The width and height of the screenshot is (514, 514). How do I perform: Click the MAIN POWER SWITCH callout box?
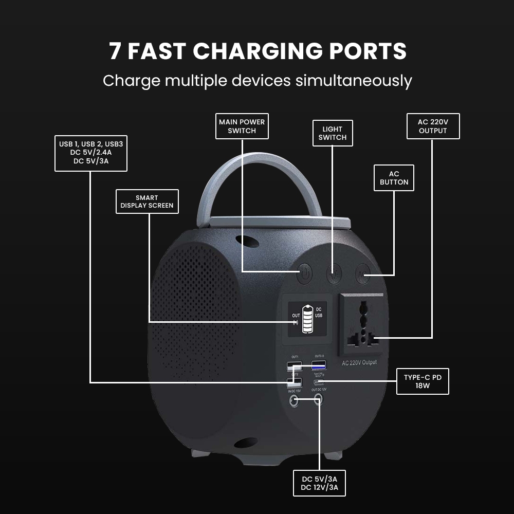[242, 126]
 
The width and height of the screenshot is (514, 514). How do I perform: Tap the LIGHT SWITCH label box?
[333, 133]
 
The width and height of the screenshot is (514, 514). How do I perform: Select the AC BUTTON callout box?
[394, 178]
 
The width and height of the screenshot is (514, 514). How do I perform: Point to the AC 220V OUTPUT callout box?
[433, 126]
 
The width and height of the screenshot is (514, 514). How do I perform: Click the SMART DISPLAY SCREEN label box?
[147, 201]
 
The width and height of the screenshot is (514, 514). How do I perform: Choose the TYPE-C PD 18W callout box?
[423, 381]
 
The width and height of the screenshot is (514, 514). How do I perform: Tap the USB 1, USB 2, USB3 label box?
[91, 153]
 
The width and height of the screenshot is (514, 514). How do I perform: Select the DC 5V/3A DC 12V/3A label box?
[319, 483]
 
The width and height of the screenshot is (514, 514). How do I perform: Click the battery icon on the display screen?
[307, 320]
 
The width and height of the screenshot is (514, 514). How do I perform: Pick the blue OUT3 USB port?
[319, 365]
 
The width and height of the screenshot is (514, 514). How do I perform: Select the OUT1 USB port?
[295, 366]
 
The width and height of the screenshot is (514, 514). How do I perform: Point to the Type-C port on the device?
[319, 382]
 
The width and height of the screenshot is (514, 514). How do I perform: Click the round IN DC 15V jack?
[295, 400]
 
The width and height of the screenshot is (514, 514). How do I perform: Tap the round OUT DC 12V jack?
[319, 399]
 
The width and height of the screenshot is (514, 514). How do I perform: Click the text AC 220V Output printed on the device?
[359, 363]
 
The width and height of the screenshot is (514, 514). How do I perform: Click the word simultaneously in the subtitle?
[355, 81]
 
